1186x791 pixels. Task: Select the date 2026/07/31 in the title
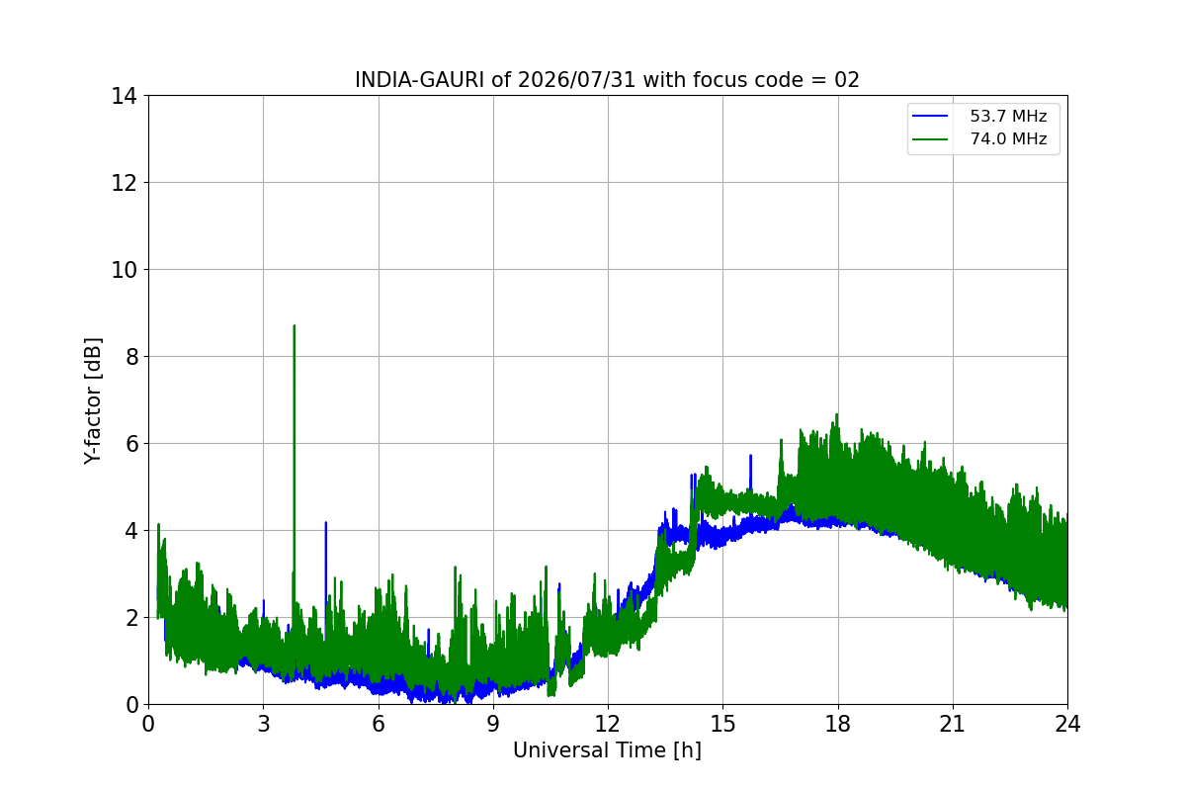click(x=577, y=80)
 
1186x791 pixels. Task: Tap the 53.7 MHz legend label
click(x=1008, y=116)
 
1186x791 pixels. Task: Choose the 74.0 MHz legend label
click(x=1008, y=138)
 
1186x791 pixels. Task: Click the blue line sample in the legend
click(x=930, y=116)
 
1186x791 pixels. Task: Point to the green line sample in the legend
click(x=930, y=139)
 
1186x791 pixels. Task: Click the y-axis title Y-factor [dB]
click(x=93, y=401)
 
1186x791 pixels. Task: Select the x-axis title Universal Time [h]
click(x=607, y=750)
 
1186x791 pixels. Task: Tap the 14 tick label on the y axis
click(x=124, y=97)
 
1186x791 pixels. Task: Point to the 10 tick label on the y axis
click(x=124, y=270)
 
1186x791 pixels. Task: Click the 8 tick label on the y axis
click(x=131, y=357)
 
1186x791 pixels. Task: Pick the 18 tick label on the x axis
click(x=838, y=724)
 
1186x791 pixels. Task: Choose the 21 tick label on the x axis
click(x=953, y=724)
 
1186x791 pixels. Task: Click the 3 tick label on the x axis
click(x=264, y=724)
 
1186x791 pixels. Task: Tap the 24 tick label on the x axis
click(x=1067, y=724)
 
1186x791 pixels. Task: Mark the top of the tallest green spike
click(x=294, y=326)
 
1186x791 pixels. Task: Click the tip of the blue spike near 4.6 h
click(x=325, y=522)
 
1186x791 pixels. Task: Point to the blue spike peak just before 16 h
click(x=750, y=456)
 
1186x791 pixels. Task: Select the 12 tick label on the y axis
click(x=124, y=183)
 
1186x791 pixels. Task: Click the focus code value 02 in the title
click(x=847, y=80)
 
